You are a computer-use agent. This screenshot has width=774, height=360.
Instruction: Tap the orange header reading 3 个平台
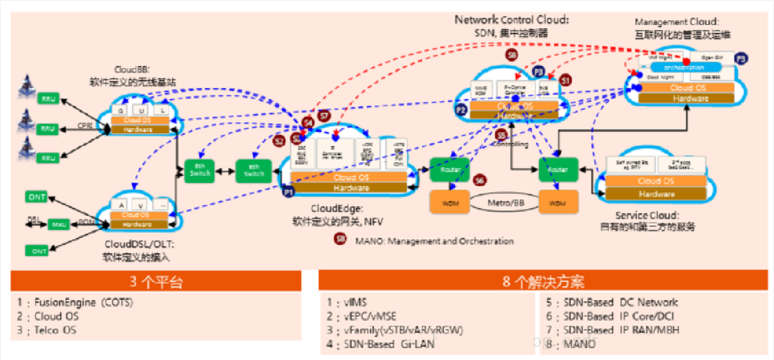point(156,282)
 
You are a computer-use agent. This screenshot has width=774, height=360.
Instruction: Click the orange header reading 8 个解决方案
point(544,282)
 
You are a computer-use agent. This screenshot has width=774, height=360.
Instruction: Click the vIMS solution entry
point(354,303)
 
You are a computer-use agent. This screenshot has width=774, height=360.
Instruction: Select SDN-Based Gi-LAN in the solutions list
point(388,344)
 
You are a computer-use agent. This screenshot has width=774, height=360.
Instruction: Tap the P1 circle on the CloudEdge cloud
point(288,191)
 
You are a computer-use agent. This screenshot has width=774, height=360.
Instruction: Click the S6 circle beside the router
point(479,181)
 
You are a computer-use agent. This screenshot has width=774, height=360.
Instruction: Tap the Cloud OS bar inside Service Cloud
point(656,181)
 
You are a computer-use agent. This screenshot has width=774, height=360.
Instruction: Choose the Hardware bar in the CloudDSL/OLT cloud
point(137,224)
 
